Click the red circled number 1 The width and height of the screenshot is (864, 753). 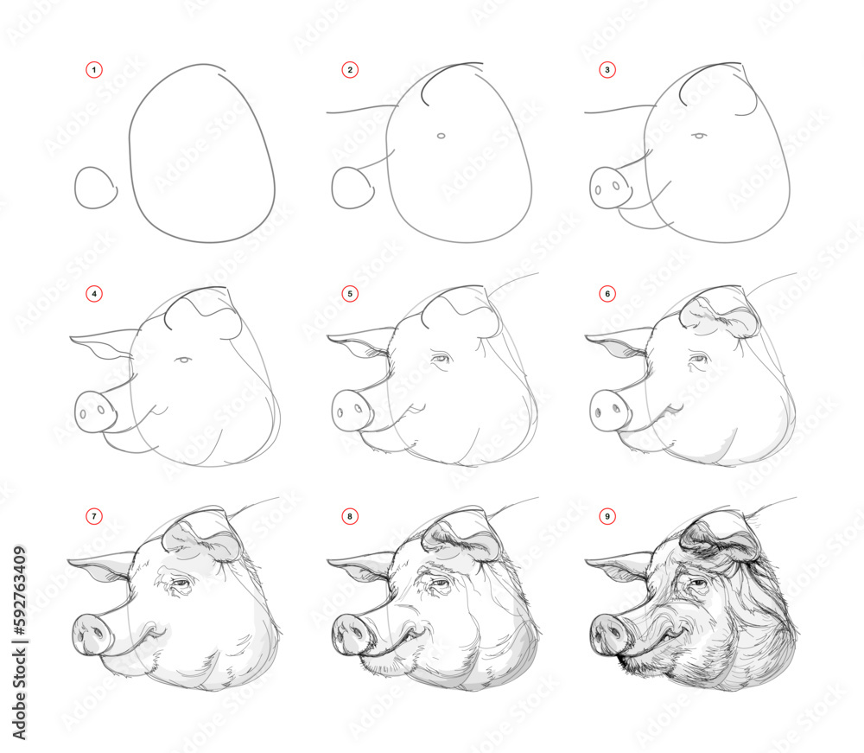[94, 70]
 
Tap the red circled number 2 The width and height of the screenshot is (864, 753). [350, 70]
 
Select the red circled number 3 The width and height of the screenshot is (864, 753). [607, 70]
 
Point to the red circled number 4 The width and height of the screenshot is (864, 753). [94, 294]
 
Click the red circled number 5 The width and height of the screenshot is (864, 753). [350, 294]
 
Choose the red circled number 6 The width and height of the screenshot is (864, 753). [607, 294]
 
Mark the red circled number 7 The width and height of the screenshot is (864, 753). [94, 517]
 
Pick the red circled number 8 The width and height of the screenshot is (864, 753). [350, 517]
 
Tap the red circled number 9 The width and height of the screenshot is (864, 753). [607, 517]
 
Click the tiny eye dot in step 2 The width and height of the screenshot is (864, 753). [441, 136]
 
